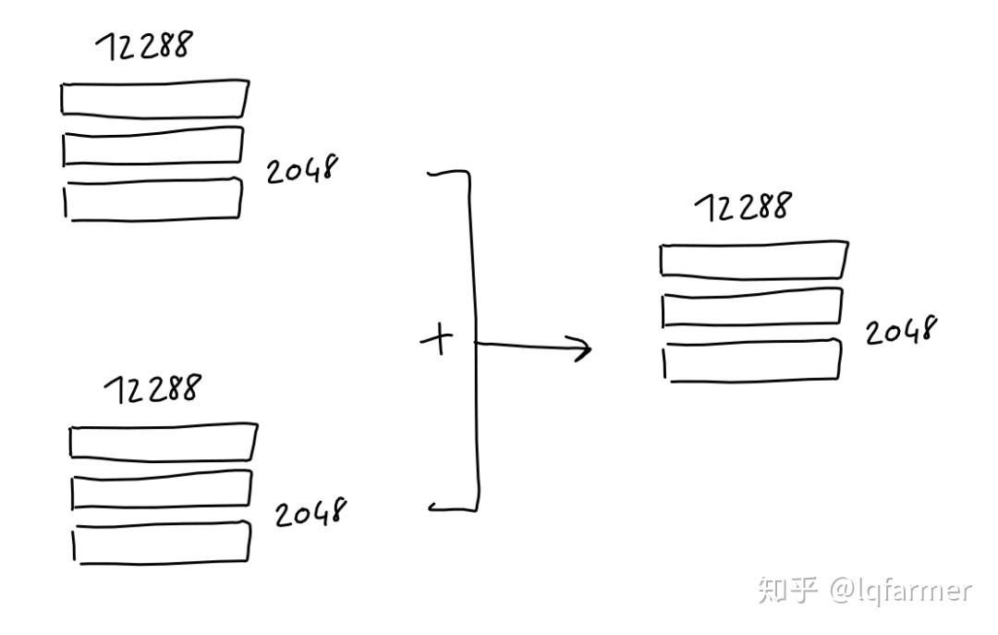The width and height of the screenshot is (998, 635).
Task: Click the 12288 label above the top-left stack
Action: [144, 46]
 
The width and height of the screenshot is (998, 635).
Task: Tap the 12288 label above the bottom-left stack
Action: [151, 389]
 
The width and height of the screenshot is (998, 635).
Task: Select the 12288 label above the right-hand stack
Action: [742, 207]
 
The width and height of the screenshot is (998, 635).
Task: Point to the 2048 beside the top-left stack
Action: [303, 170]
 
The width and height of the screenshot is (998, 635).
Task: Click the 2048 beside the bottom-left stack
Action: [310, 512]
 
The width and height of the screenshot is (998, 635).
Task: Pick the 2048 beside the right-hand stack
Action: [901, 330]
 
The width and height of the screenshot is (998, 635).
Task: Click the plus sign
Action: [437, 341]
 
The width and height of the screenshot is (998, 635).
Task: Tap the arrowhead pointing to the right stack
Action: [582, 348]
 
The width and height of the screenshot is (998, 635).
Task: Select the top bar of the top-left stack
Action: [154, 99]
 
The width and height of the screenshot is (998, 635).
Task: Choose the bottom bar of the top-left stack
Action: [153, 200]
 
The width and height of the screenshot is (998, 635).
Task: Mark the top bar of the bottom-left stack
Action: [163, 441]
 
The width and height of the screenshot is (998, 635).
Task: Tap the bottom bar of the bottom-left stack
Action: [163, 543]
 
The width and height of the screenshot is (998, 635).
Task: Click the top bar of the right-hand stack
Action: [753, 260]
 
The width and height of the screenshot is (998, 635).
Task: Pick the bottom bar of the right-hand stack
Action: [753, 360]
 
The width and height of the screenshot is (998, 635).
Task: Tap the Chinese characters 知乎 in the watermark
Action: [787, 590]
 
